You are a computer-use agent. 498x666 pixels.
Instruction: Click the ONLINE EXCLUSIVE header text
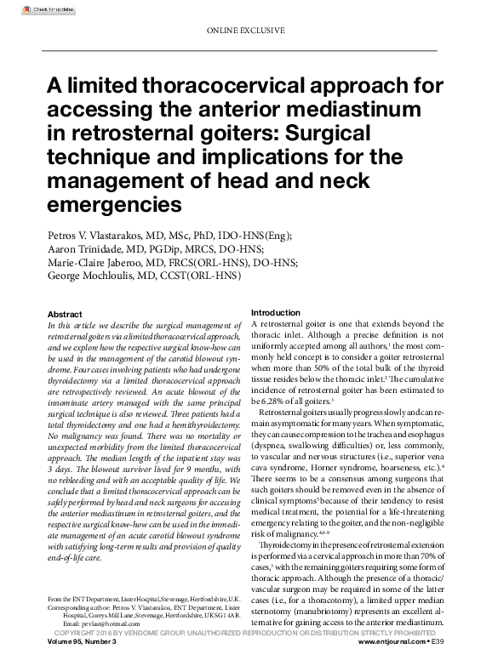tap(246, 31)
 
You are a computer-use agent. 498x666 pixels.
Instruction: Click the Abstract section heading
tap(65, 314)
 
